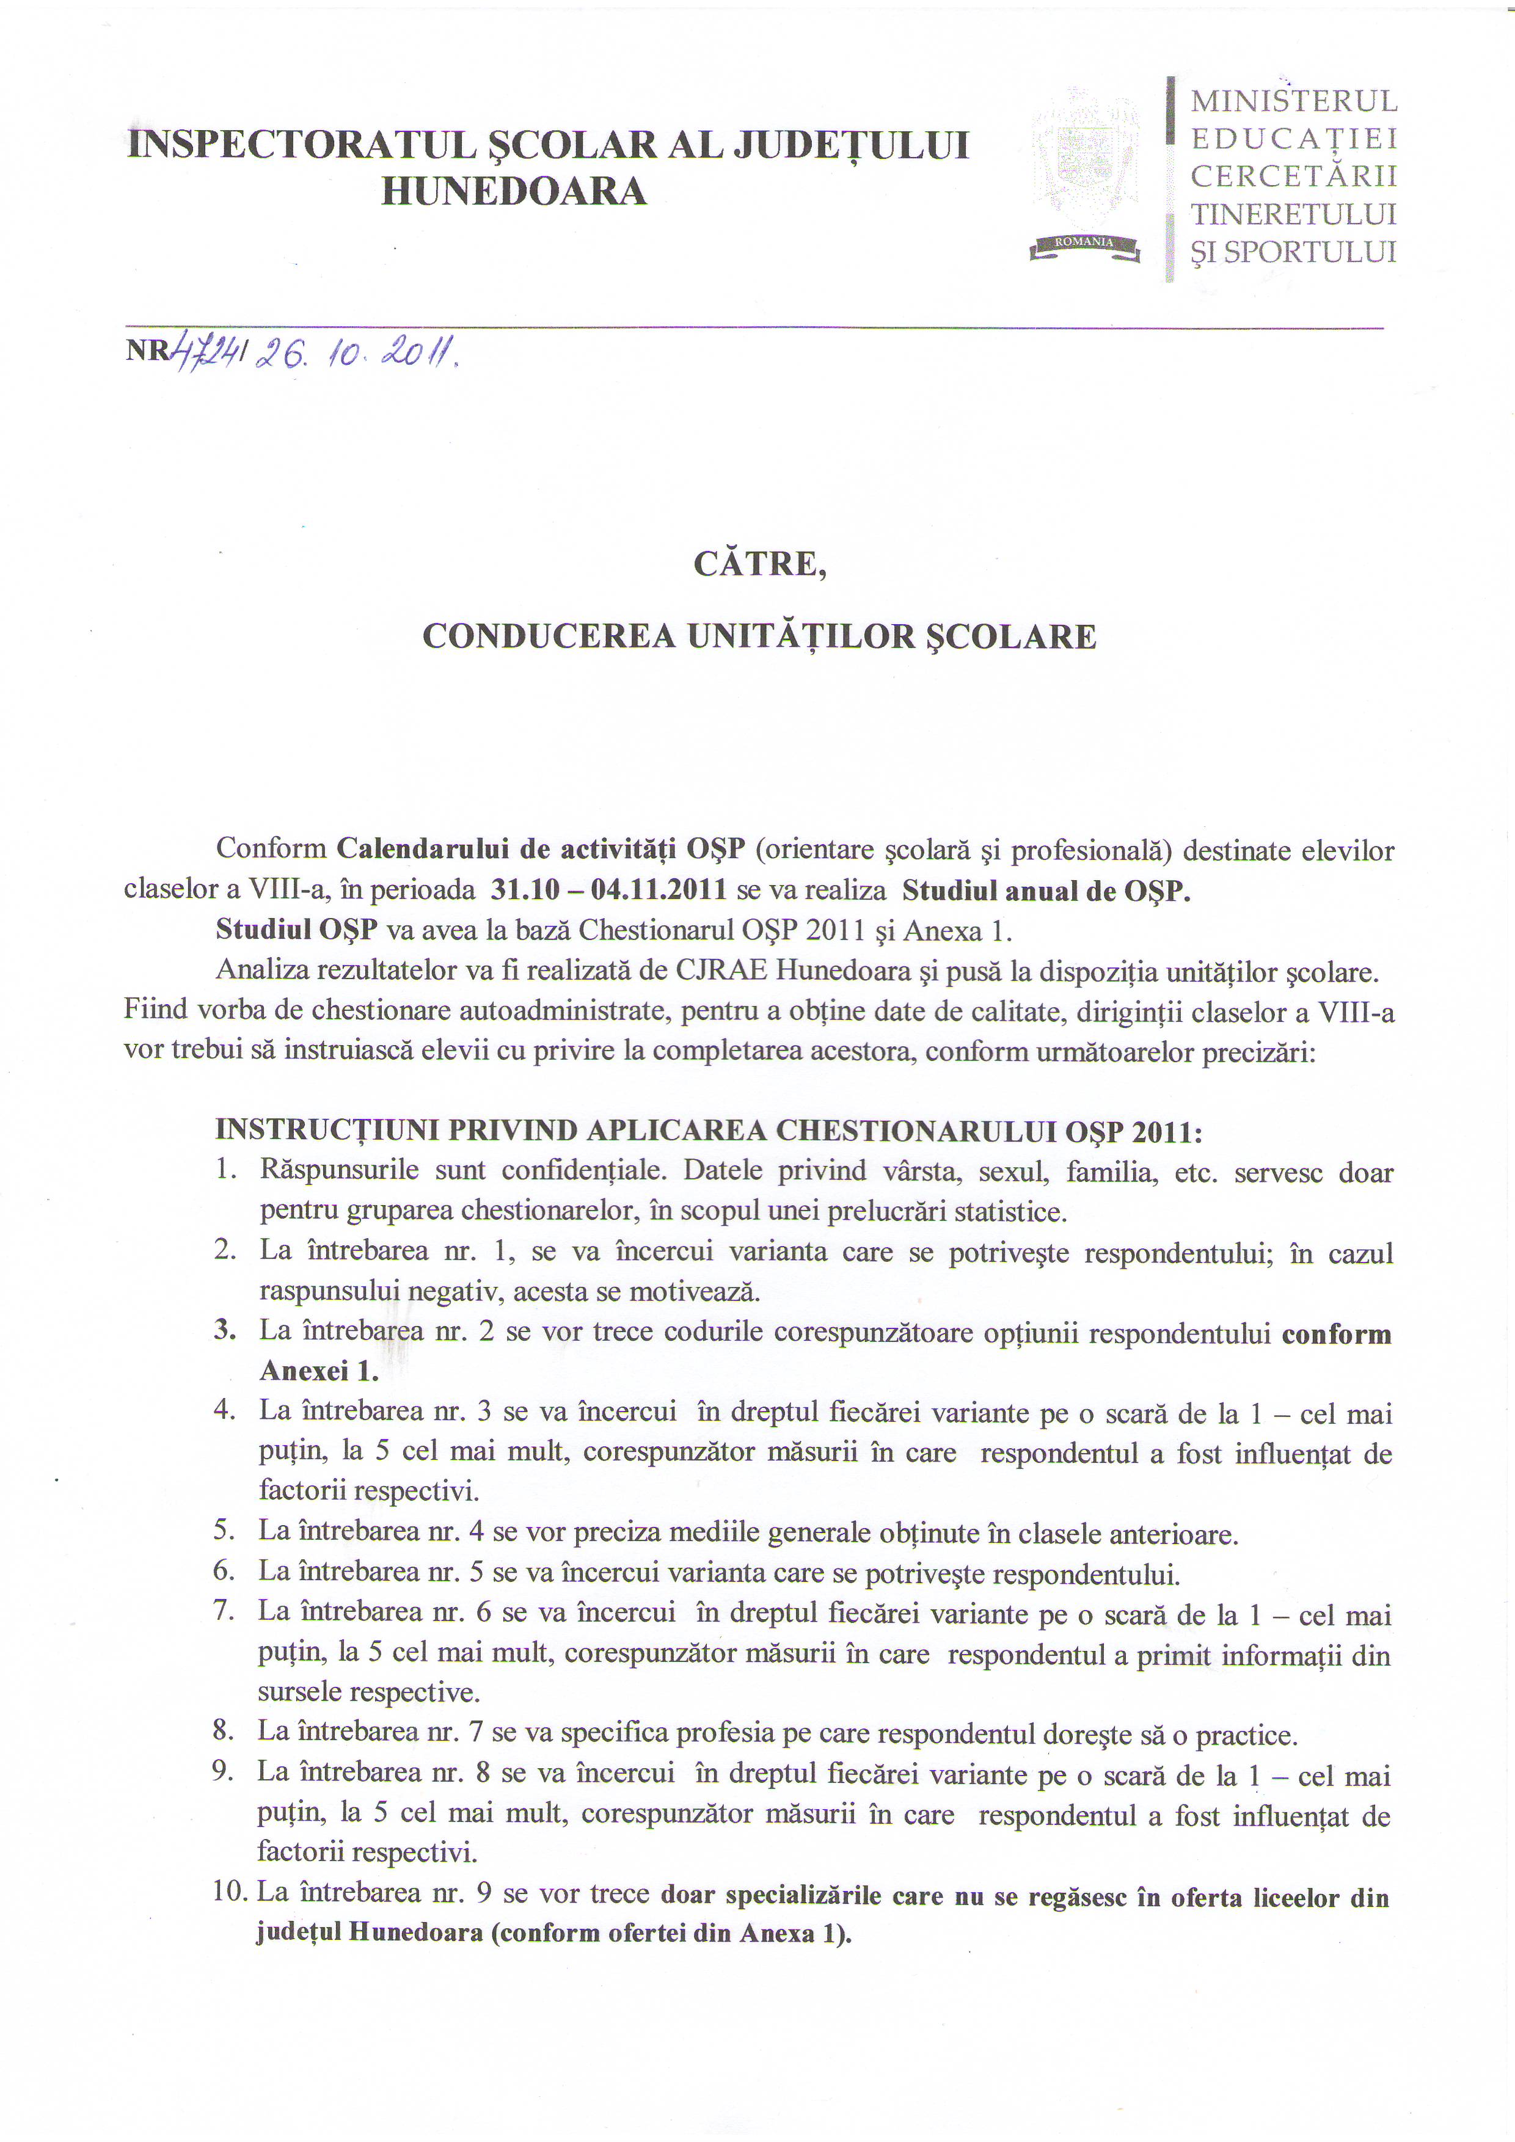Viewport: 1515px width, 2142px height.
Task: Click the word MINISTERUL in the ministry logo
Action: tap(1294, 101)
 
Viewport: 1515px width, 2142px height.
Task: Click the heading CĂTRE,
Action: tap(759, 564)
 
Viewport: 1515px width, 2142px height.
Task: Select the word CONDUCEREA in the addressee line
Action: tap(549, 636)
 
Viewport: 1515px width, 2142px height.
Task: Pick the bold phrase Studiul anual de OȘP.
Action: tap(1046, 890)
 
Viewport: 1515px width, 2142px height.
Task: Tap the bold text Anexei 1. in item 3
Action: tap(319, 1371)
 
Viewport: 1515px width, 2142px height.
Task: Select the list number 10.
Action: tap(230, 1892)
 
